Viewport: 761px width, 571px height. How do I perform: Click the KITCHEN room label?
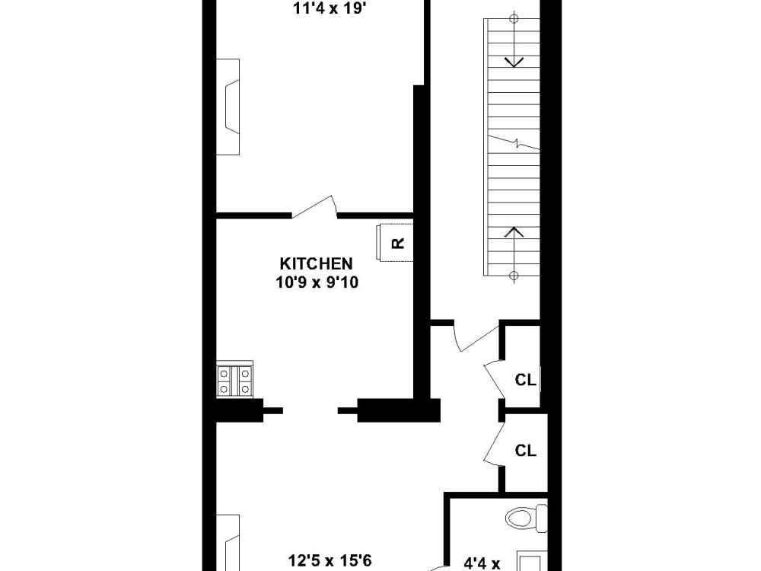coord(316,263)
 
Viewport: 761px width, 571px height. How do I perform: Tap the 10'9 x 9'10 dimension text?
coord(317,282)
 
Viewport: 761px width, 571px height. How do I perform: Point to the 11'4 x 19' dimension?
coord(329,8)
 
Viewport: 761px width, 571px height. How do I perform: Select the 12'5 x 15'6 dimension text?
coord(330,561)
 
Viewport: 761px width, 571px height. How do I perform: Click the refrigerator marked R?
coord(395,242)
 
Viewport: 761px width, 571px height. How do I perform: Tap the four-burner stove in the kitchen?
coord(234,381)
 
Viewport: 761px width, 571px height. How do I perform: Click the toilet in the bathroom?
coord(526,517)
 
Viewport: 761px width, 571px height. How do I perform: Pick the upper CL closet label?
coord(526,380)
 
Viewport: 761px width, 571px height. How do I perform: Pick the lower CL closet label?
coord(526,451)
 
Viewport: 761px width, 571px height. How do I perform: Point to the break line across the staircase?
coord(514,142)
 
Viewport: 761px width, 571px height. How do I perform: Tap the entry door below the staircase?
coord(476,338)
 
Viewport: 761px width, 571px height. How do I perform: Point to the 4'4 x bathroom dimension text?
coord(482,563)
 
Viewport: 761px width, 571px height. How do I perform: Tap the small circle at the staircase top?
coord(514,19)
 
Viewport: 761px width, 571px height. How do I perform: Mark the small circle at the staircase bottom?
coord(514,276)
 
